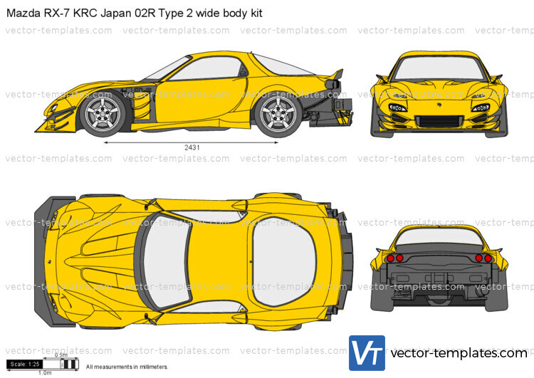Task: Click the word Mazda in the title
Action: [19, 13]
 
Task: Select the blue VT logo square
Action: [367, 352]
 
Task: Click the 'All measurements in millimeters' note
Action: [127, 367]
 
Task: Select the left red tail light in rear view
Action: [399, 258]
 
